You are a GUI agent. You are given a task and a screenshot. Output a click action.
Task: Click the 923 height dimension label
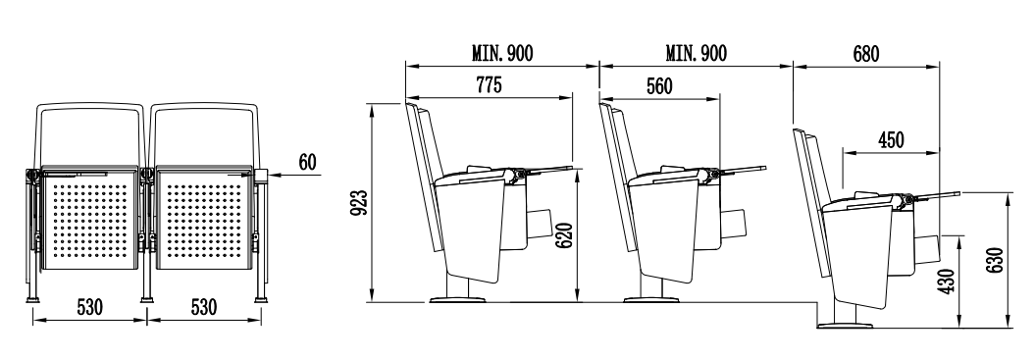click(x=360, y=203)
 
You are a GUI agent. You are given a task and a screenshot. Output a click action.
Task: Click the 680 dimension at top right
click(x=865, y=54)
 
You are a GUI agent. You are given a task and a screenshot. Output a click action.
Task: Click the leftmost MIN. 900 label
click(x=501, y=54)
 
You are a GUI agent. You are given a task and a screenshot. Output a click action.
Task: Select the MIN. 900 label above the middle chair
click(x=696, y=54)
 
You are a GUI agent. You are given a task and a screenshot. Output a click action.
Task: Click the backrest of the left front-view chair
click(x=88, y=132)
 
